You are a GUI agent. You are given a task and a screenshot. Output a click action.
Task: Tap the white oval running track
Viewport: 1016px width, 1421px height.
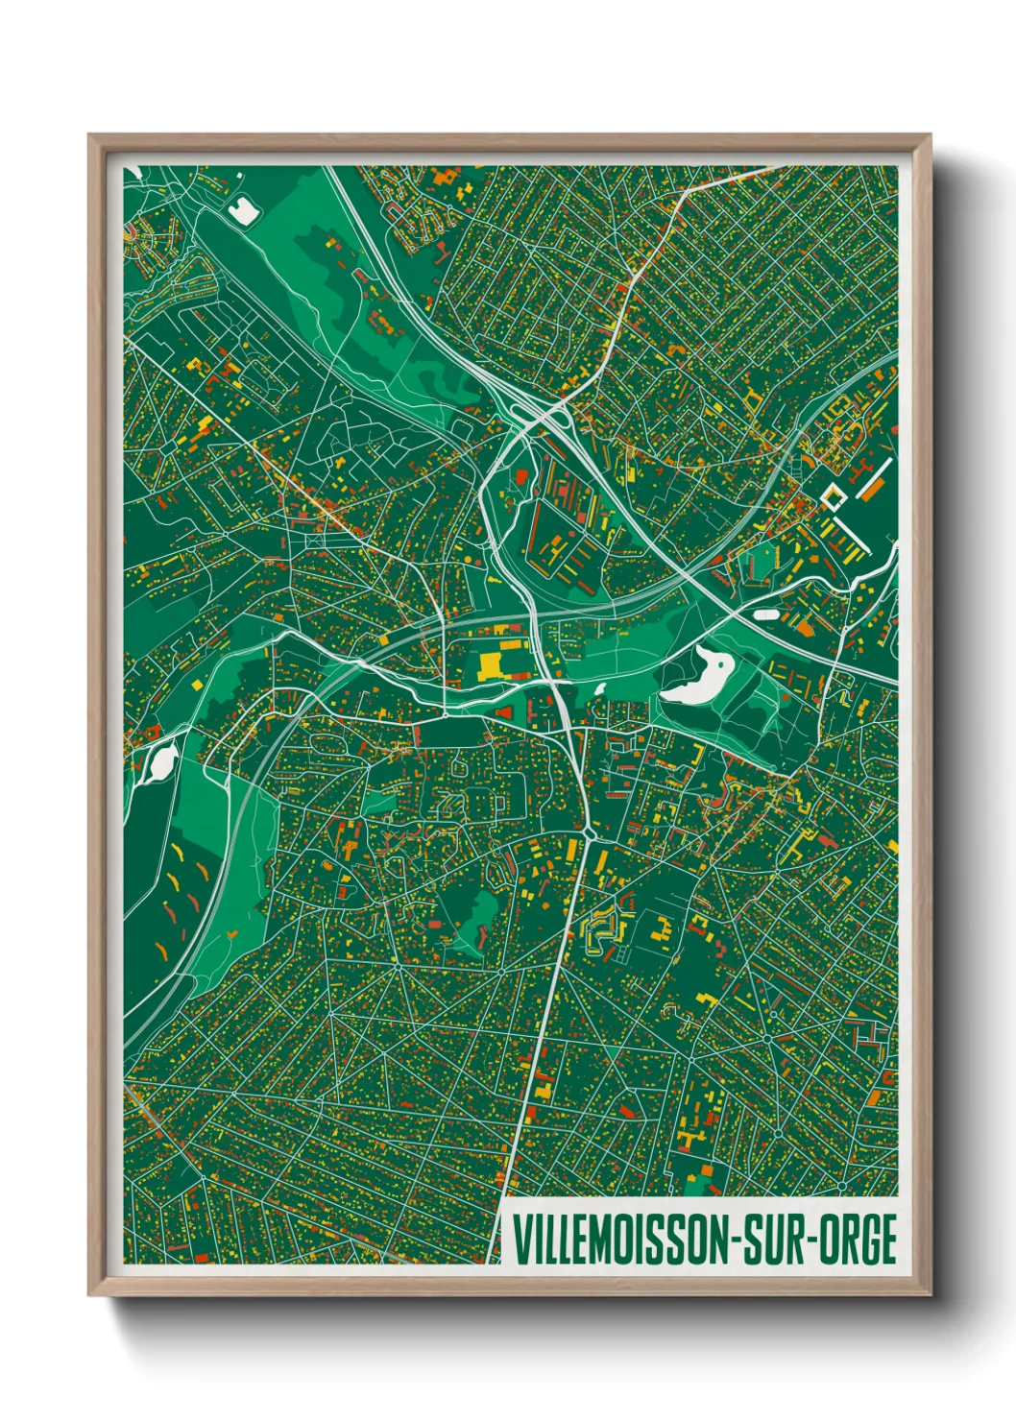pos(767,613)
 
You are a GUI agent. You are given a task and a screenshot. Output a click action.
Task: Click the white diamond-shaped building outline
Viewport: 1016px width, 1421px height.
pos(832,496)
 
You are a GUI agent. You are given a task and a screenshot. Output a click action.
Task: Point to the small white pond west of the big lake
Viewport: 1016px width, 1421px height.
pos(601,687)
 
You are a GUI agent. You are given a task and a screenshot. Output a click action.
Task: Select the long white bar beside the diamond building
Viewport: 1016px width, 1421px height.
pos(875,478)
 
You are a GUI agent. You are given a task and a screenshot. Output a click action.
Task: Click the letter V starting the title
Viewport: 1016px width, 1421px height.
pos(520,1240)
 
